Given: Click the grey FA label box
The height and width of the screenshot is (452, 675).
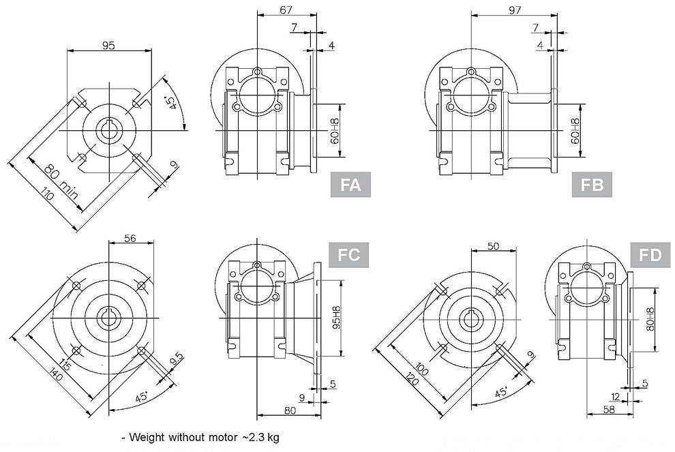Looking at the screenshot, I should (350, 185).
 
